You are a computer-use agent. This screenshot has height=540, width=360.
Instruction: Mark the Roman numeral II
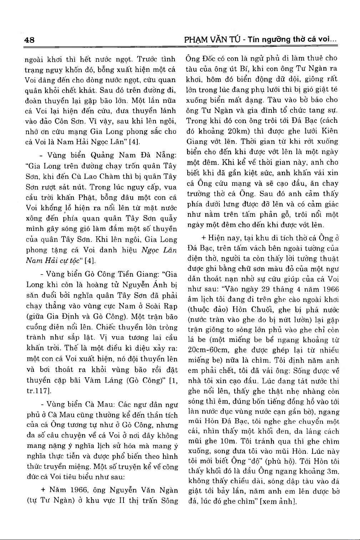pyautogui.click(x=121, y=500)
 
